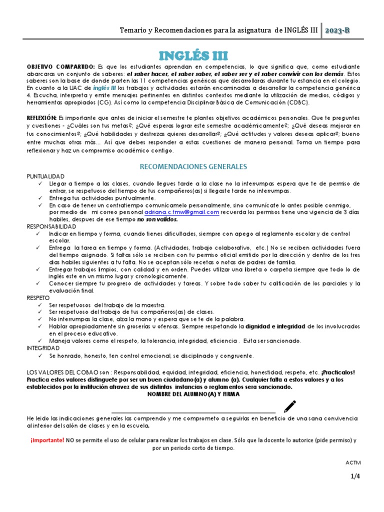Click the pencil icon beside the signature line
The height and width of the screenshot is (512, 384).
coord(289,406)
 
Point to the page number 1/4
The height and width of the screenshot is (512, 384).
coord(355,476)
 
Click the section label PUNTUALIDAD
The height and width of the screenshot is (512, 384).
coord(45,177)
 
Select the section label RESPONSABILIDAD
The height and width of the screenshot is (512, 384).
coord(52,226)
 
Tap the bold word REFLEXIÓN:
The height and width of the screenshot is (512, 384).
coord(42,117)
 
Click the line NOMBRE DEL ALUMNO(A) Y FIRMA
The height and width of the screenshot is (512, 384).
coord(193,394)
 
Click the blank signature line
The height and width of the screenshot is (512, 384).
coord(192,412)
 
